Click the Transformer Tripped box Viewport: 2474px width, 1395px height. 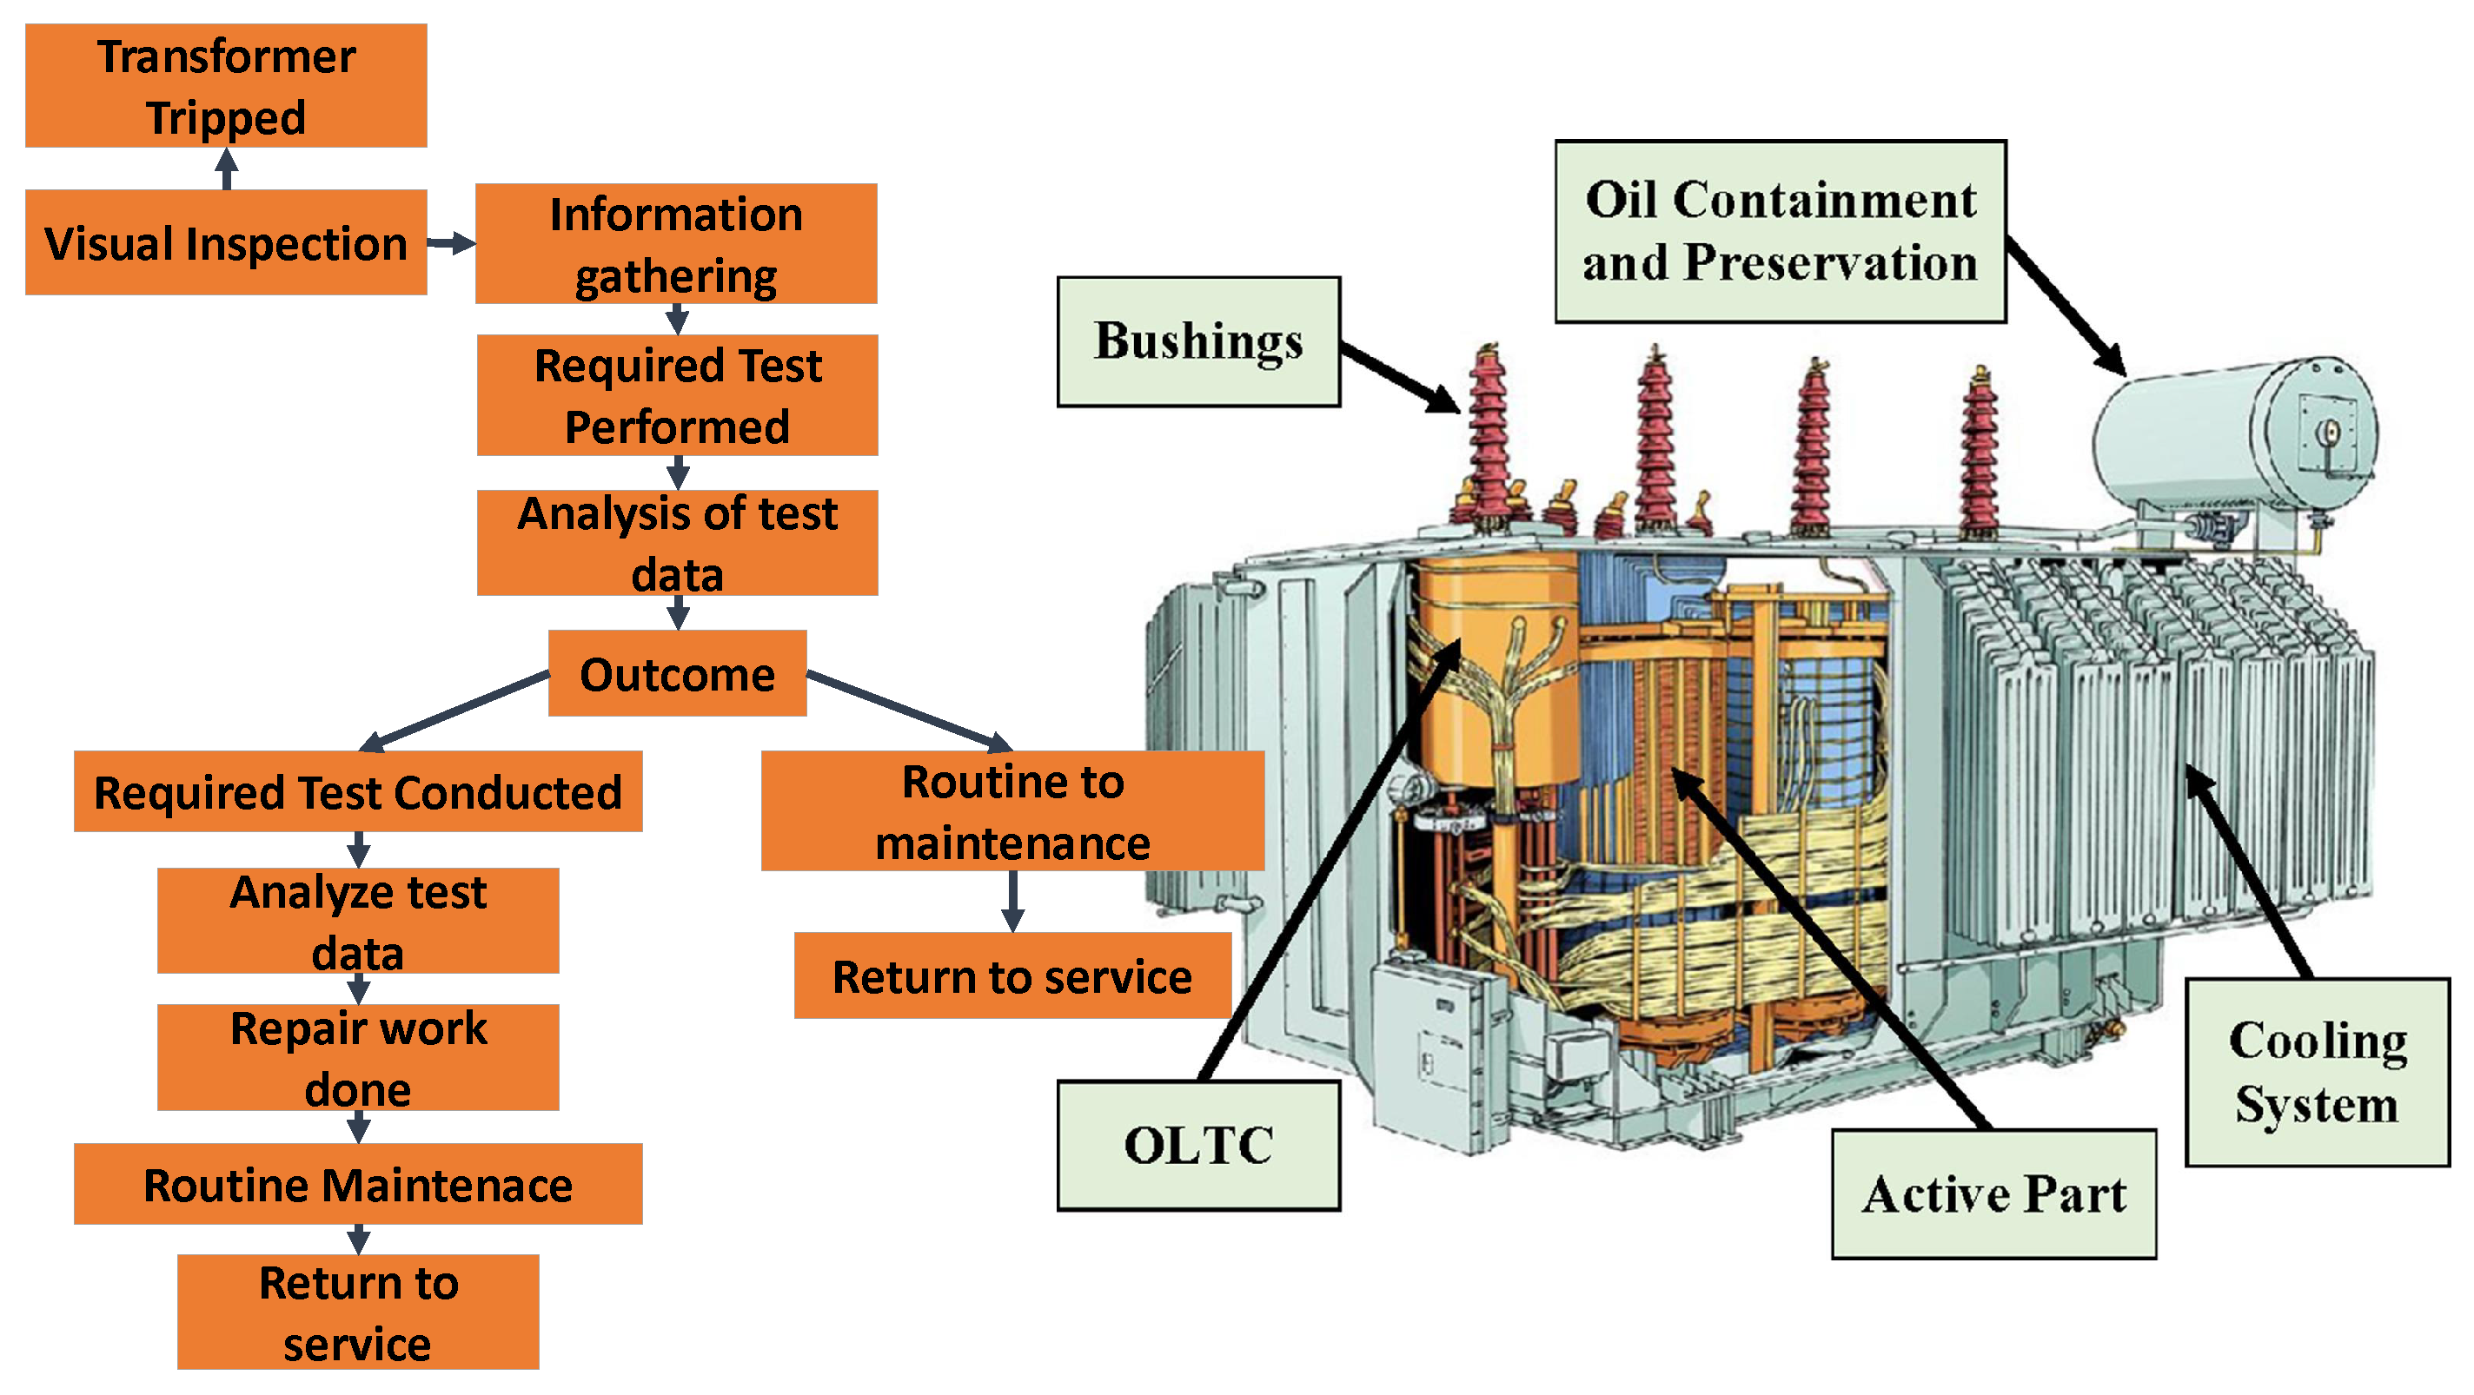pyautogui.click(x=226, y=85)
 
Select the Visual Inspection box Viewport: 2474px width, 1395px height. pyautogui.click(x=226, y=243)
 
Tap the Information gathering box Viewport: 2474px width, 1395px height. pyautogui.click(x=676, y=244)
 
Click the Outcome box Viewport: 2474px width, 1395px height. pyautogui.click(x=677, y=674)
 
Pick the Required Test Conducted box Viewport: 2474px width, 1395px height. pyautogui.click(x=357, y=792)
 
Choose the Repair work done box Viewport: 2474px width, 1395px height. pyautogui.click(x=357, y=1057)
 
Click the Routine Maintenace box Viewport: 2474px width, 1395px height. pyautogui.click(x=357, y=1184)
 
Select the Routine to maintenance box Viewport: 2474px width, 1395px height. pyautogui.click(x=1012, y=811)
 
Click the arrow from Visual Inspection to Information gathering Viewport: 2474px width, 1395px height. pyautogui.click(x=450, y=243)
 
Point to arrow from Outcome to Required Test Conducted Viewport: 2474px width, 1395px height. pyautogui.click(x=456, y=711)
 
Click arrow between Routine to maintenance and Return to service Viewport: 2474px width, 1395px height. pyautogui.click(x=1012, y=901)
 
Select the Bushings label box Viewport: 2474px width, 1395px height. pyautogui.click(x=1197, y=341)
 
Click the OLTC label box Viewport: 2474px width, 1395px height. pyautogui.click(x=1197, y=1146)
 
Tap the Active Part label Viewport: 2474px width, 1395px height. pyautogui.click(x=1993, y=1194)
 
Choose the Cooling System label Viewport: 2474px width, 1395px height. pyautogui.click(x=2317, y=1073)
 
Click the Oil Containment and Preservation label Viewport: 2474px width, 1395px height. pyautogui.click(x=1780, y=231)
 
